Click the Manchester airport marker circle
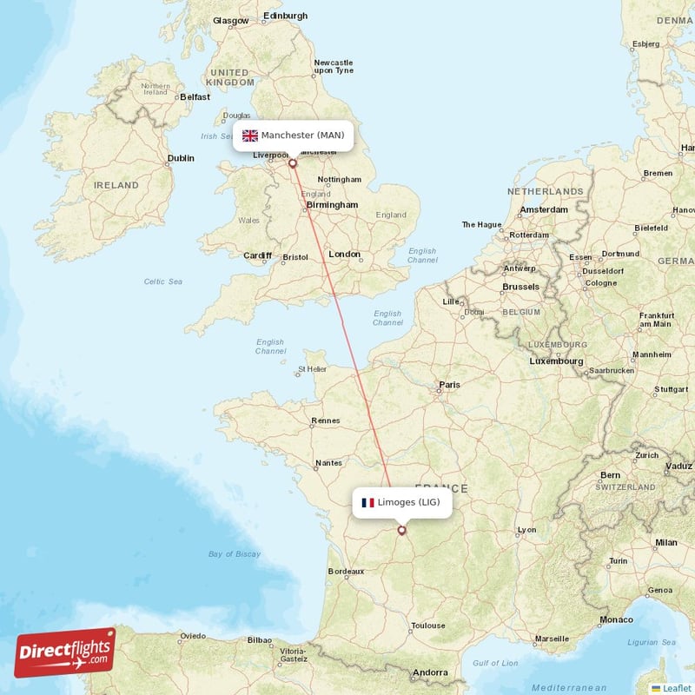click(x=293, y=162)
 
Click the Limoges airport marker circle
click(x=401, y=530)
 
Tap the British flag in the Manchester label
click(x=250, y=136)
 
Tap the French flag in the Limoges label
click(x=367, y=503)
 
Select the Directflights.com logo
click(x=64, y=652)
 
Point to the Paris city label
click(x=449, y=384)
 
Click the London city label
click(x=345, y=254)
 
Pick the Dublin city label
click(x=181, y=158)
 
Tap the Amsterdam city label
click(x=543, y=209)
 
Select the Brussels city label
click(x=520, y=286)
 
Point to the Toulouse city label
click(x=428, y=625)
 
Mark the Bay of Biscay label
click(x=235, y=553)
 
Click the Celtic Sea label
click(x=163, y=281)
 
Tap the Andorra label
click(x=430, y=672)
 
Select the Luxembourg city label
click(x=556, y=361)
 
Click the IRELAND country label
click(x=116, y=185)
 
